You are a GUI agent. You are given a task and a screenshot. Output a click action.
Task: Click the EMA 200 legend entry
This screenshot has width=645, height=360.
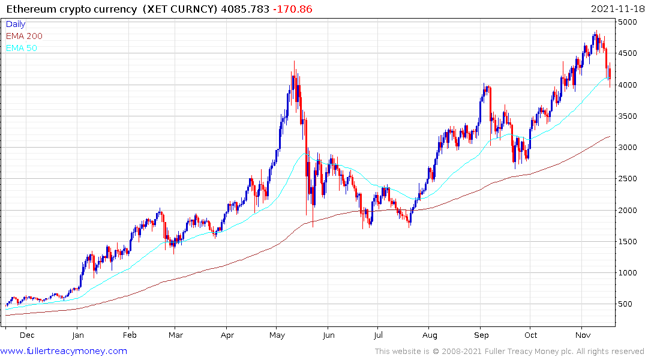24,36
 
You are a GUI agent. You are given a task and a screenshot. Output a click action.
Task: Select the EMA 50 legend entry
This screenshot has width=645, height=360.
22,48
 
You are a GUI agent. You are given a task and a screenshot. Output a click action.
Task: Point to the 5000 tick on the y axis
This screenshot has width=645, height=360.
629,22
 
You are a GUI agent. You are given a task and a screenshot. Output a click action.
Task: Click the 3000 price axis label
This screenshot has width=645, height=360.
629,148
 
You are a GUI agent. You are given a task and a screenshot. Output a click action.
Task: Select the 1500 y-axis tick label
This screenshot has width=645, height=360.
629,242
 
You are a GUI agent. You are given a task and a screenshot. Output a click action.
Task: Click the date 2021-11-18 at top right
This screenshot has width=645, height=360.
616,9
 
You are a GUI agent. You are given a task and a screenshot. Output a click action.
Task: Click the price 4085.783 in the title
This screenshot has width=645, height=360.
245,10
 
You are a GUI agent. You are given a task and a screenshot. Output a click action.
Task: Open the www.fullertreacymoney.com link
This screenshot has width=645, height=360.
64,351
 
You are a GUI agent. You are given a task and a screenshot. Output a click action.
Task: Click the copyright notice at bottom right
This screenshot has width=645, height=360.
509,351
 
